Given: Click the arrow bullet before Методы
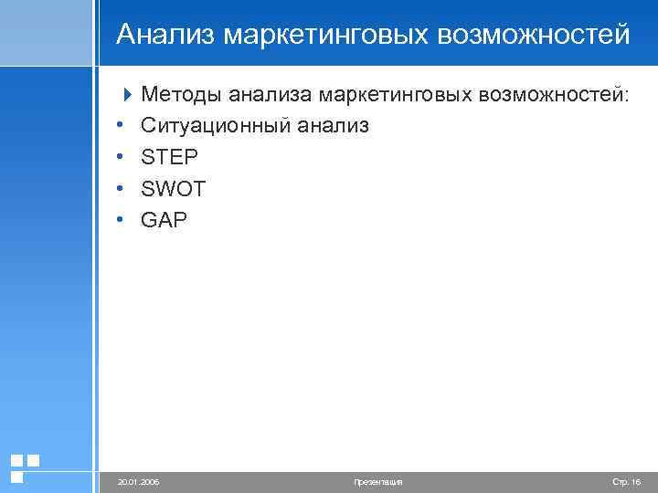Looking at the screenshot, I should pos(127,93).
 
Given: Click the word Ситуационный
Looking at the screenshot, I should pos(216,125).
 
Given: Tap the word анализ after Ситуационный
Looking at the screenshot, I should pos(333,125).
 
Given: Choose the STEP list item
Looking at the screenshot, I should pos(169,157).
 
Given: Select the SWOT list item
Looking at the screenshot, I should pos(174,188).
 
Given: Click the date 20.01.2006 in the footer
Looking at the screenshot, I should pos(139,481).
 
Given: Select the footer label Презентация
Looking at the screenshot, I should pos(377,481).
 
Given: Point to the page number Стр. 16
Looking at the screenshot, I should pos(626,481).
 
